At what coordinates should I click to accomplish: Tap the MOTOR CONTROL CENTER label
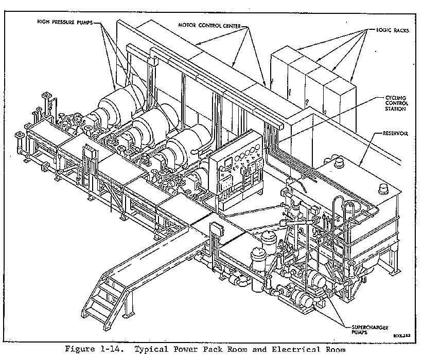(x=209, y=24)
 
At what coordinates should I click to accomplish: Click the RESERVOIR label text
(x=395, y=134)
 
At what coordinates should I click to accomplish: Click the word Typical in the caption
(x=156, y=350)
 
